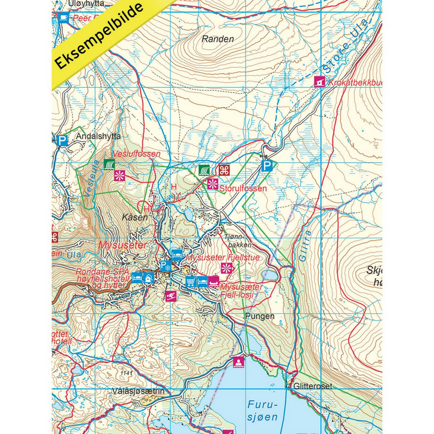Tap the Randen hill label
coord(218,39)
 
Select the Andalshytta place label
coord(98,136)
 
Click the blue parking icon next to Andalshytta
coord(62,141)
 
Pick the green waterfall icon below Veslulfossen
coord(108,164)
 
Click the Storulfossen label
coord(243,189)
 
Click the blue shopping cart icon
coord(191,280)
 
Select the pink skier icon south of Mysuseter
coord(171,296)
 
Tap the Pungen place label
coord(260,316)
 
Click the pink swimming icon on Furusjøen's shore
coord(238,361)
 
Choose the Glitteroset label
coord(313,386)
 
